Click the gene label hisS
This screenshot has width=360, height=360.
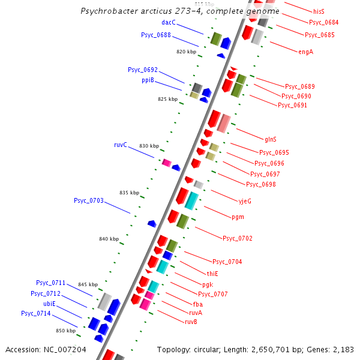[x=319, y=11]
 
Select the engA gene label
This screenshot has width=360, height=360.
[x=305, y=52]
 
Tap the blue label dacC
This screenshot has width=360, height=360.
[x=169, y=22]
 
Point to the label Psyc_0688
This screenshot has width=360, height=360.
[x=156, y=35]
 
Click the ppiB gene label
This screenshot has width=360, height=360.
[x=148, y=80]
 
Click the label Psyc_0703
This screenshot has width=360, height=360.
[x=89, y=200]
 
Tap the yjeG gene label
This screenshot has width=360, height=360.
[x=245, y=201]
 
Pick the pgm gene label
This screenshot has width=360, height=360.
[x=238, y=217]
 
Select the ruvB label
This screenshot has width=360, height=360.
[x=191, y=322]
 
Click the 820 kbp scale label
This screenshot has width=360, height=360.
[x=186, y=52]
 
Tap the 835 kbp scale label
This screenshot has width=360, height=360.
[x=129, y=193]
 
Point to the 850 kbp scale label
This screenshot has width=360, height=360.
[x=65, y=331]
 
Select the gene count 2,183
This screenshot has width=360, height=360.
[x=341, y=349]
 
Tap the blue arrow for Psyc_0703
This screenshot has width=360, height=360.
[x=152, y=224]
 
